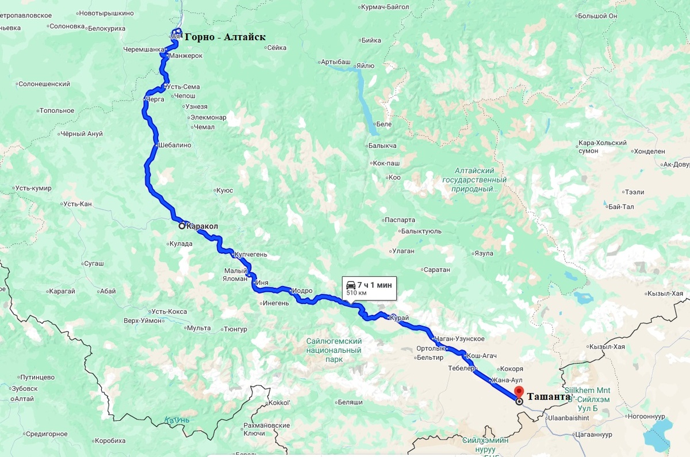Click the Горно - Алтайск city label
225,37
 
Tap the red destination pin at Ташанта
519,392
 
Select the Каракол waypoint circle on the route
182,226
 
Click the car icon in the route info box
350,284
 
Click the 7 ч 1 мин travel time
374,284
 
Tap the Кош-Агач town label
481,356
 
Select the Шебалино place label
175,145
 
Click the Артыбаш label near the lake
336,61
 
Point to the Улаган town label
402,251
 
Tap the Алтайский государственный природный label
474,180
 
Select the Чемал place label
204,127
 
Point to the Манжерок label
186,56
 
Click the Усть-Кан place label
77,204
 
